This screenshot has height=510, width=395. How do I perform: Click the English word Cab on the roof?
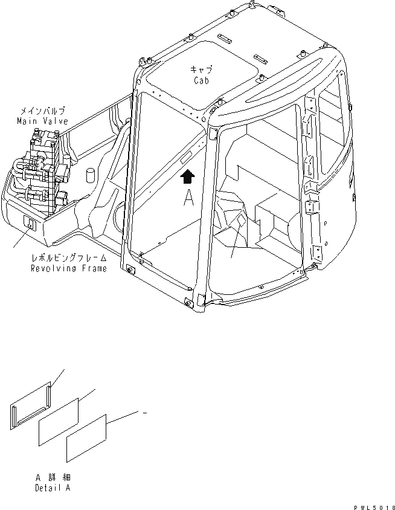(x=202, y=81)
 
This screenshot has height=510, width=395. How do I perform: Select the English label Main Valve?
(x=42, y=121)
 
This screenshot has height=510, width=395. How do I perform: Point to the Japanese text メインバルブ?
(x=42, y=112)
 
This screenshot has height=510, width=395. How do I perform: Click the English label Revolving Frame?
(x=68, y=268)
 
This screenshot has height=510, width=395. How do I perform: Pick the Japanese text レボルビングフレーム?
(x=68, y=259)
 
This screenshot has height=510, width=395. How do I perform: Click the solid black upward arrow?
(x=189, y=176)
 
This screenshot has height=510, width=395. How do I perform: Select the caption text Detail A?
(x=52, y=488)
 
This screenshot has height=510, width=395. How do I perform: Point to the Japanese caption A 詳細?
(x=52, y=477)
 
